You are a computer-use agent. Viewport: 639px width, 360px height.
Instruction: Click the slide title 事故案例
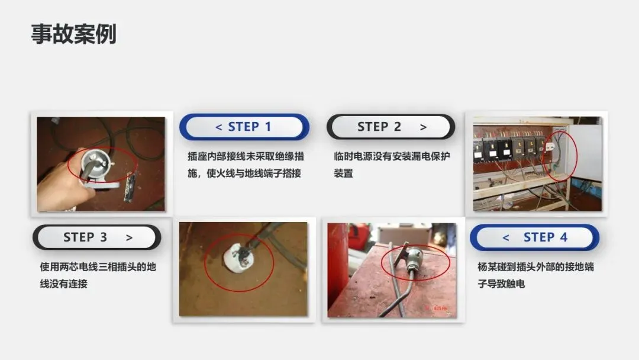click(74, 34)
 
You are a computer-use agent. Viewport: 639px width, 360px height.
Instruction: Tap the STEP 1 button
click(244, 127)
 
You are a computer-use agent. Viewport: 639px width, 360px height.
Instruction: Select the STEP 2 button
click(391, 127)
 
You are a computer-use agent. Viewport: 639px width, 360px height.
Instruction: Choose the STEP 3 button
click(97, 237)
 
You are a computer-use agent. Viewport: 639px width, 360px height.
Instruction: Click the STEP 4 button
click(534, 237)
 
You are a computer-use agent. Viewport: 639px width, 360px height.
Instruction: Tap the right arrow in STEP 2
click(424, 128)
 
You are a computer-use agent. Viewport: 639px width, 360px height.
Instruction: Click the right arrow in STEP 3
click(129, 237)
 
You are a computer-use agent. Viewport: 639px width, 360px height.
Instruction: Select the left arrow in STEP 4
click(506, 237)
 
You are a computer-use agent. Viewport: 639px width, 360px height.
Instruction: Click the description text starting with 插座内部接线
click(246, 165)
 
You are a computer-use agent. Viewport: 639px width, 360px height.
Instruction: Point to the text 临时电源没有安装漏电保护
click(392, 156)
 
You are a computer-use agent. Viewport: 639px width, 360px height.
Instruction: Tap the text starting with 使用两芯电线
click(98, 275)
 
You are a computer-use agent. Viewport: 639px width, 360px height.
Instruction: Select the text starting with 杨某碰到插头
click(535, 275)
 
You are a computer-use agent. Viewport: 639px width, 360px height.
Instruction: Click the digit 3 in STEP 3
click(104, 237)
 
